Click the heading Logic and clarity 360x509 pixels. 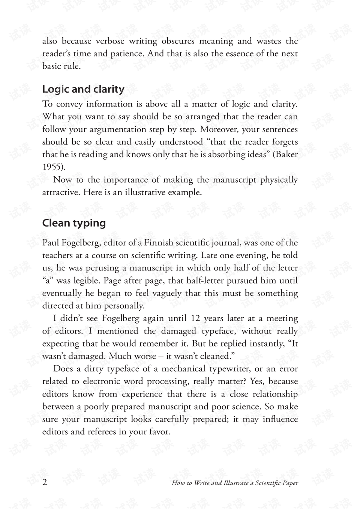point(83,89)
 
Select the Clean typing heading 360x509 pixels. point(74,223)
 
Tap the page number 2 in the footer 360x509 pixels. point(45,482)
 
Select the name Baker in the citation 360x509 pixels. point(287,155)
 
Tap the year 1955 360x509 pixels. point(52,167)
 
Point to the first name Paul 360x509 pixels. point(50,243)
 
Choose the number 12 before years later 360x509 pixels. point(195,318)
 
